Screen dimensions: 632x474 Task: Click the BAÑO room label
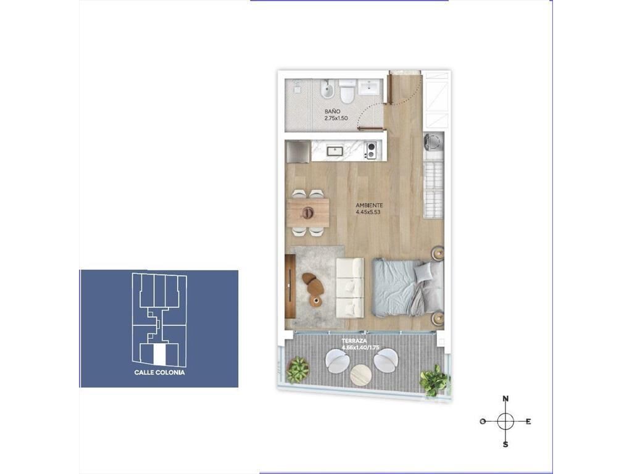333,111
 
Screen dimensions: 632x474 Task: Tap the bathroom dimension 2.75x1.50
336,118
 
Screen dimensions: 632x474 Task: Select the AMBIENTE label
369,205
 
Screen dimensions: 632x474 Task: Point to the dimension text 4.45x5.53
368,212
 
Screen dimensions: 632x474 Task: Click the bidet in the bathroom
327,91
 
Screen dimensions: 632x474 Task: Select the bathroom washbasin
369,87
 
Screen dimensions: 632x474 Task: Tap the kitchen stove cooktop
370,151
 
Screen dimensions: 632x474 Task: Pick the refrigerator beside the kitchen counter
297,152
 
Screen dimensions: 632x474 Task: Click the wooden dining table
308,212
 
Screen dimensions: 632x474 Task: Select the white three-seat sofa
350,288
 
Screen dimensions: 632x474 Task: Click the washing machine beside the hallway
433,143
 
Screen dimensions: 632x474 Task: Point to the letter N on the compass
505,399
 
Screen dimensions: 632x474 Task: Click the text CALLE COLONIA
160,372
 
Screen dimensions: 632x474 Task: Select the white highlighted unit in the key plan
160,354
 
